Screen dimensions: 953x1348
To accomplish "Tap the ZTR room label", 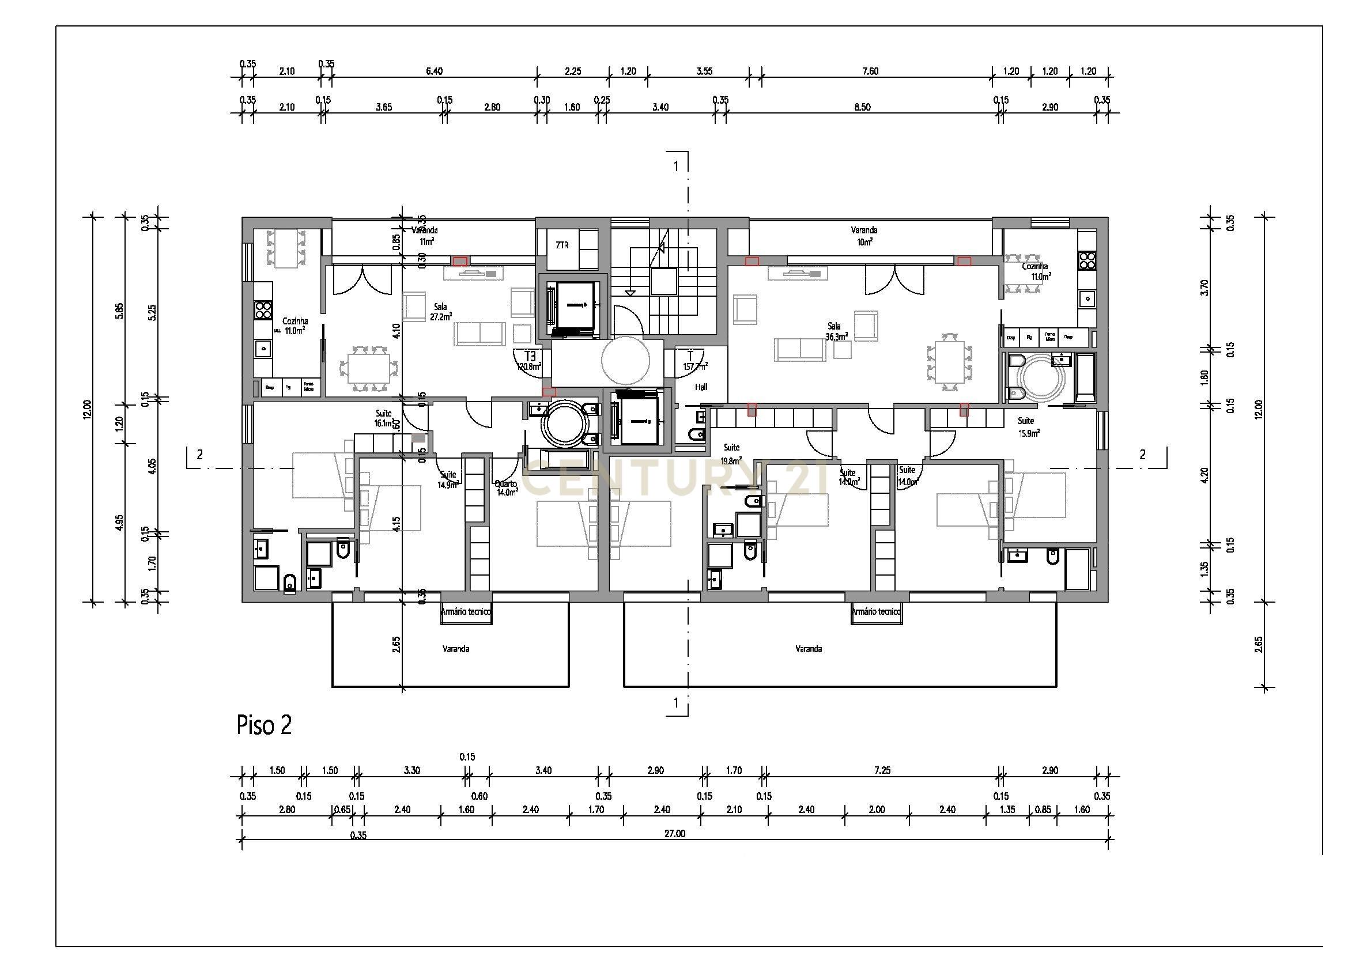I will (x=562, y=245).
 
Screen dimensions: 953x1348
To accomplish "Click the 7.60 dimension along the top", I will (x=870, y=71).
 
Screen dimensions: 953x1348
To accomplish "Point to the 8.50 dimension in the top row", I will (x=862, y=107).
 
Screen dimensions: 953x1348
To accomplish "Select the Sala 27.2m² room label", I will (x=440, y=312).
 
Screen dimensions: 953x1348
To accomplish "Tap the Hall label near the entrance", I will (x=701, y=387).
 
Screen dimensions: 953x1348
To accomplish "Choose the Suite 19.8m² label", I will (x=731, y=453).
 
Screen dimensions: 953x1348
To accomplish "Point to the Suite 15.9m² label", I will (x=1028, y=426).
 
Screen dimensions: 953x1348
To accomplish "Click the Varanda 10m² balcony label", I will (x=864, y=235).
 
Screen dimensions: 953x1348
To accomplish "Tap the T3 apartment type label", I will (x=530, y=356).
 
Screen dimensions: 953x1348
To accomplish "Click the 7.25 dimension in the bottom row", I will (x=882, y=770).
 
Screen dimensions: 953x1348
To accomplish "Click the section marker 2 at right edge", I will (x=1142, y=454).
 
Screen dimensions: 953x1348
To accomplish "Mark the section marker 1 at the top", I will (x=676, y=166).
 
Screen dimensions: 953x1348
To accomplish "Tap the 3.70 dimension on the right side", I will (x=1205, y=288).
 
